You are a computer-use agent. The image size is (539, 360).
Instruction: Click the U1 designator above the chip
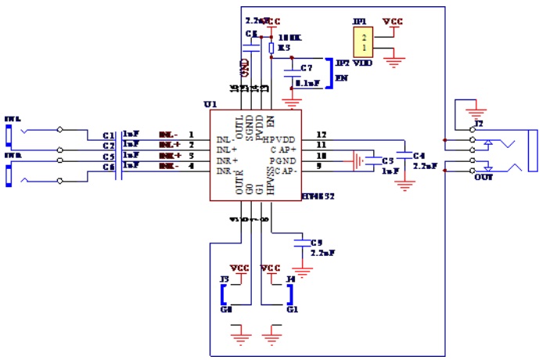(x=209, y=104)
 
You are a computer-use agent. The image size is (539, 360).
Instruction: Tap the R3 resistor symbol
(x=271, y=49)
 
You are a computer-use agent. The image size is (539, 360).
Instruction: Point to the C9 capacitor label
(x=316, y=243)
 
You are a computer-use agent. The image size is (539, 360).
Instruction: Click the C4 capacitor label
(x=419, y=155)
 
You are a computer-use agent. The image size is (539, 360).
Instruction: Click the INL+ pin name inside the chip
(x=226, y=149)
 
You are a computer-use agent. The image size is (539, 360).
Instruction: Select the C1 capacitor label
(x=109, y=135)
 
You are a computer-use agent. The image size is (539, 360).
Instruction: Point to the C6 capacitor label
(x=109, y=167)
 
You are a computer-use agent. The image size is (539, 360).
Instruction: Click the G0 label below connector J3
(x=227, y=310)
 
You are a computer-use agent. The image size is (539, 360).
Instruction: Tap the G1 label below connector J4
(x=293, y=310)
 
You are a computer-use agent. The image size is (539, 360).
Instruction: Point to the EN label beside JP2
(x=340, y=79)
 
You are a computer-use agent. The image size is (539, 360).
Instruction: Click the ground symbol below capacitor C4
(x=404, y=186)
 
